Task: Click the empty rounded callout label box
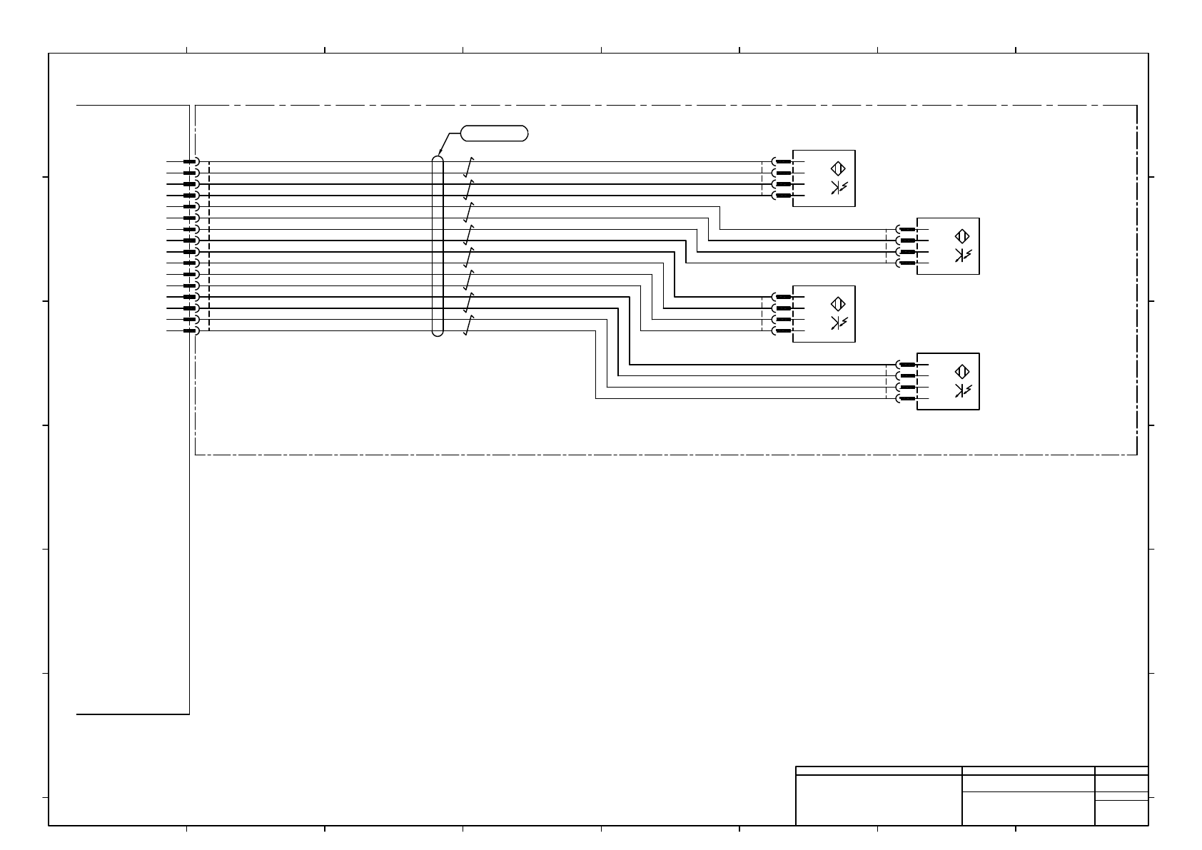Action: [x=495, y=133]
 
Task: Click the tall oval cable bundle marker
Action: [x=438, y=246]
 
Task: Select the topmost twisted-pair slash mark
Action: [x=468, y=166]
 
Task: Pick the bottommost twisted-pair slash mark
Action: [x=468, y=325]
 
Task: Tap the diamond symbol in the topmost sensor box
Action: [x=838, y=169]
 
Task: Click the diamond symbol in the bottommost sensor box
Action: [x=961, y=372]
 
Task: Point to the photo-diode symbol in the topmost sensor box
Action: [x=838, y=188]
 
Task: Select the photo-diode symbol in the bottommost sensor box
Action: [x=961, y=390]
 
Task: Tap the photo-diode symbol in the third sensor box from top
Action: [x=838, y=323]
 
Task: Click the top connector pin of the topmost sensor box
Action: [x=783, y=161]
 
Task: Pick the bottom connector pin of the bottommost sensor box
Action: [x=907, y=398]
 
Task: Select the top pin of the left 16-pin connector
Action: [x=190, y=161]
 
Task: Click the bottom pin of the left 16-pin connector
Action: [x=190, y=330]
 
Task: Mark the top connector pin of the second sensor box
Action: [x=907, y=229]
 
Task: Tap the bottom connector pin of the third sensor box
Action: [x=783, y=330]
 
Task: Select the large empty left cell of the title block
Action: [x=879, y=800]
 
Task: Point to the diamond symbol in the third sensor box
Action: [x=838, y=304]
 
